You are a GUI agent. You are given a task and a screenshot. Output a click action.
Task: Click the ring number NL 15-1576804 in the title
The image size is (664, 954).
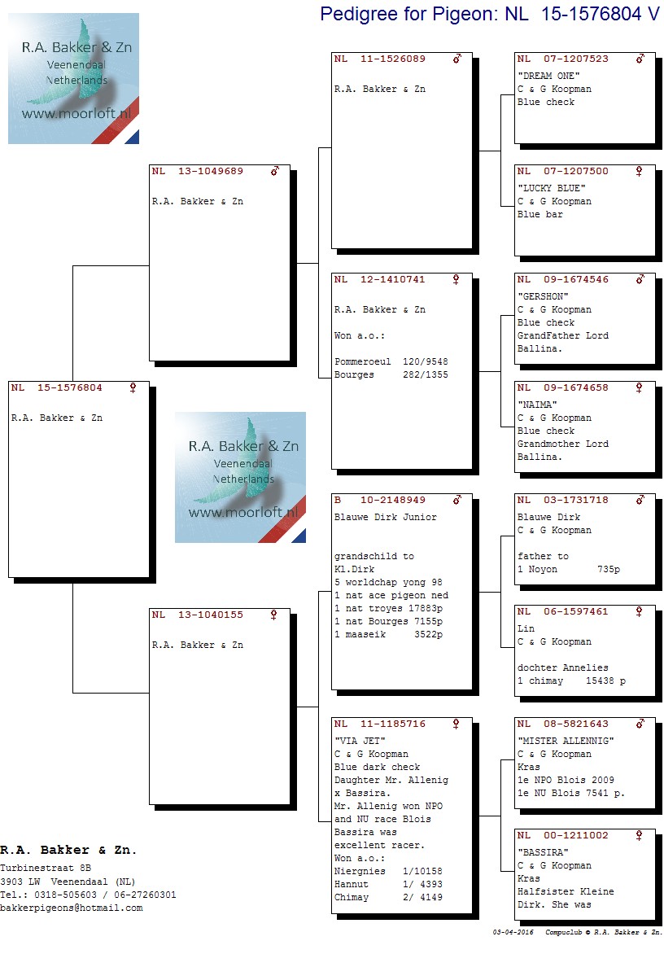(582, 14)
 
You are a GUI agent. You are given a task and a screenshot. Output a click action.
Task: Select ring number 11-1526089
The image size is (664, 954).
(393, 59)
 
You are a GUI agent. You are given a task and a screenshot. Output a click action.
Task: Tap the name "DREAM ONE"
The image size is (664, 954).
(548, 76)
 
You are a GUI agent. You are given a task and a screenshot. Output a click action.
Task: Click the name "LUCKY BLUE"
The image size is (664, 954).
(552, 189)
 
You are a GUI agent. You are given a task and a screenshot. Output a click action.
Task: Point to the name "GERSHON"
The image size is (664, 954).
(543, 297)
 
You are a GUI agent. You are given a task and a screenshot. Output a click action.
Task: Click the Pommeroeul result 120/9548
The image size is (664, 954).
(425, 362)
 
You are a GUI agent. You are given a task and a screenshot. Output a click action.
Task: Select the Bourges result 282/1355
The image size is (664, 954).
(425, 374)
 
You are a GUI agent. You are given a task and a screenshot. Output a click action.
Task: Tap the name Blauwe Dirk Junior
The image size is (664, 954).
(386, 517)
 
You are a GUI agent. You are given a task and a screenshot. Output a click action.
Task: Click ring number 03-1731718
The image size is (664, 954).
(576, 500)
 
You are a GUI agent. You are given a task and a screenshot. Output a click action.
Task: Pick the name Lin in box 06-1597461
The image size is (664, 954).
(526, 629)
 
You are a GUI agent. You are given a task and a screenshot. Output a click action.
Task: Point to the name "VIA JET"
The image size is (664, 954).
(360, 741)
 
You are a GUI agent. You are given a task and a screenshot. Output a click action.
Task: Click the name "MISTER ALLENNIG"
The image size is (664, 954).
(566, 741)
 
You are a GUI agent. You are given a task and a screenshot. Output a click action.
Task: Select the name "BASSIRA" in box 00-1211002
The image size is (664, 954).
(543, 853)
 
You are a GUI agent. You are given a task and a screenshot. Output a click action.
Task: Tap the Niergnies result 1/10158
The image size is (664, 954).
(422, 872)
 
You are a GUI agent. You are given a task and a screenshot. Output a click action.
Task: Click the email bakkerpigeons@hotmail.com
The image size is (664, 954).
(71, 908)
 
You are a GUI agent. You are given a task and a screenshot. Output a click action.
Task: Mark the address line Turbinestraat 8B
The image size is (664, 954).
(46, 869)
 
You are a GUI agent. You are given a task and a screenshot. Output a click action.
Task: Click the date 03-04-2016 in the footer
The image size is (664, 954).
(513, 932)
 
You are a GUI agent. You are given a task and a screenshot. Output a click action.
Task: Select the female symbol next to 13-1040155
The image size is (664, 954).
(273, 615)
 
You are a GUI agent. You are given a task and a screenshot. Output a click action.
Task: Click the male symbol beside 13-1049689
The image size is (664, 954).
(275, 172)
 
